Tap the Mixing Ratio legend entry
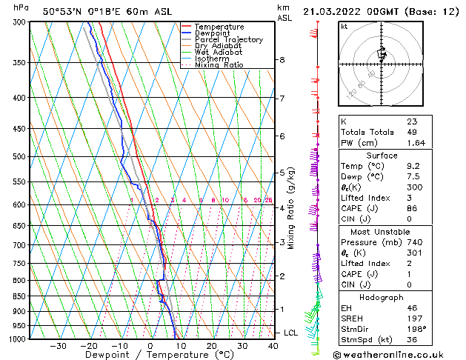point(218,65)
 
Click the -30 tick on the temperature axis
point(58,346)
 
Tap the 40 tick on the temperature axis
point(273,346)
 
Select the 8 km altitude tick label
point(282,59)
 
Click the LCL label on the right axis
point(290,333)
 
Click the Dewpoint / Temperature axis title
point(150,356)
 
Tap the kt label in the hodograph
point(344,27)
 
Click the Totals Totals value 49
point(412,132)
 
